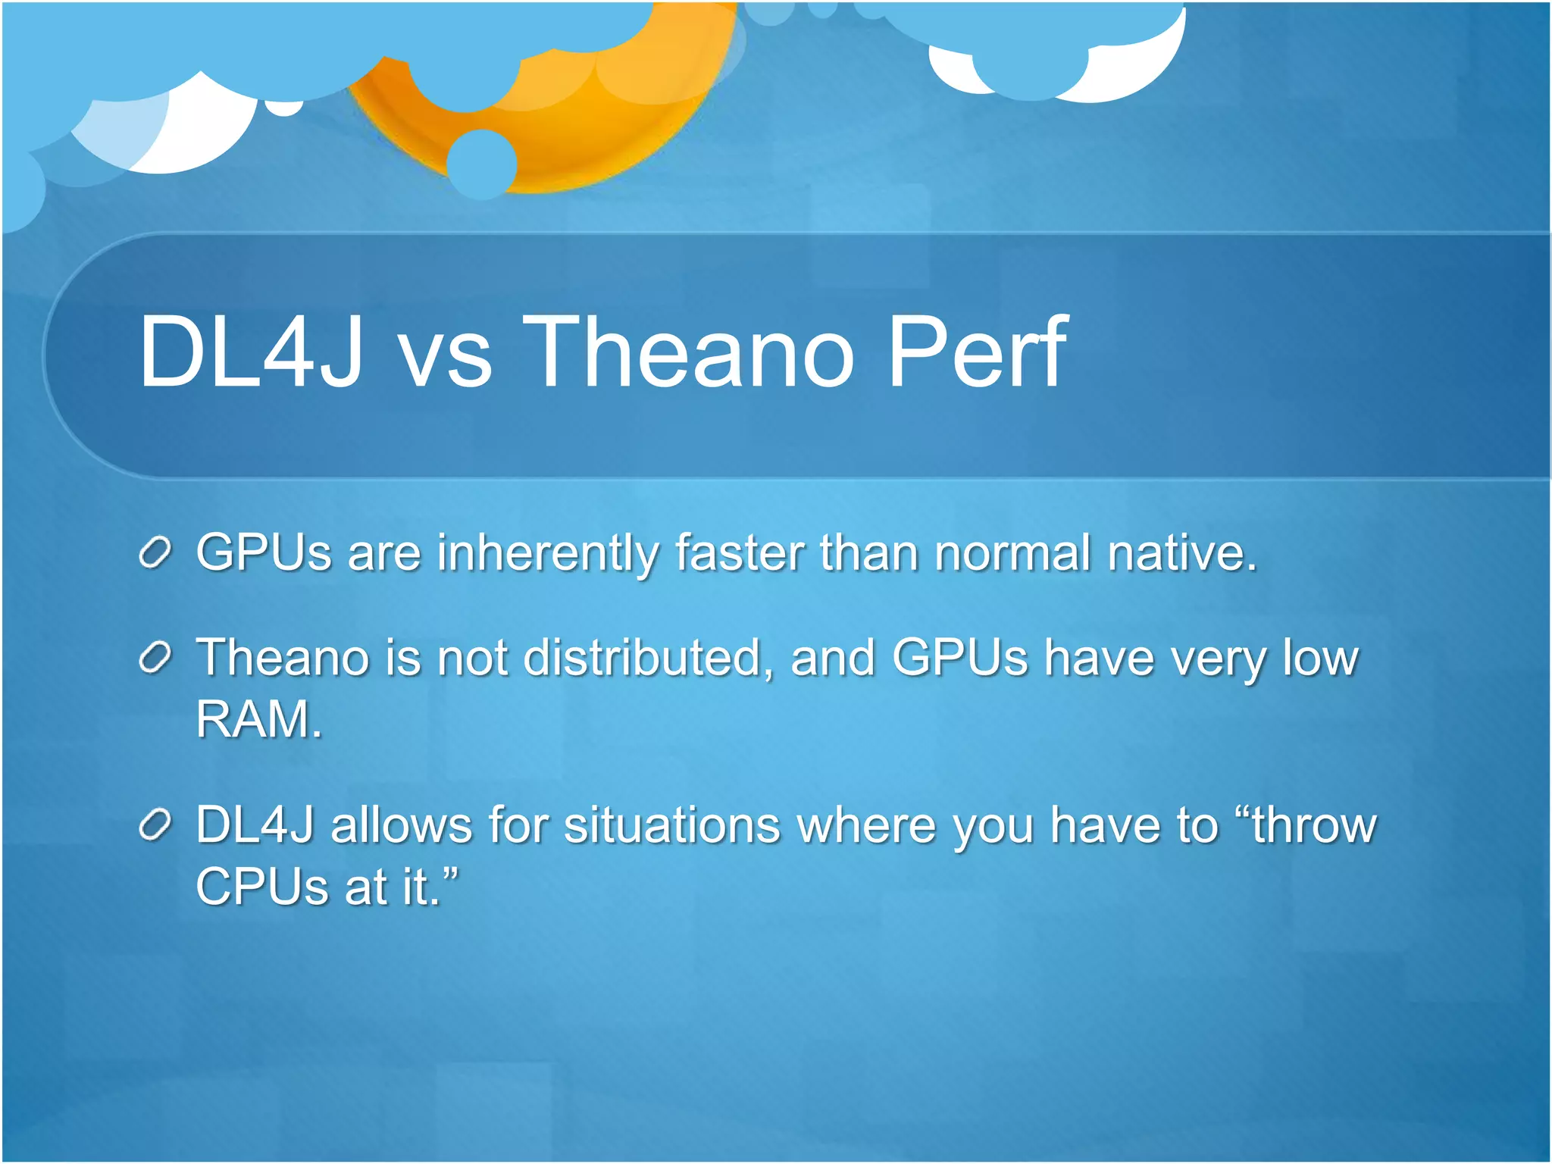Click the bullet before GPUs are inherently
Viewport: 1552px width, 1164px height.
(x=156, y=553)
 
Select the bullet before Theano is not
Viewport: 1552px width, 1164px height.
(x=156, y=658)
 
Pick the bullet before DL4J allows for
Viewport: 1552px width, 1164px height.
(x=156, y=825)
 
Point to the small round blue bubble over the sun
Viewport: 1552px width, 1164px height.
(x=482, y=164)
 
